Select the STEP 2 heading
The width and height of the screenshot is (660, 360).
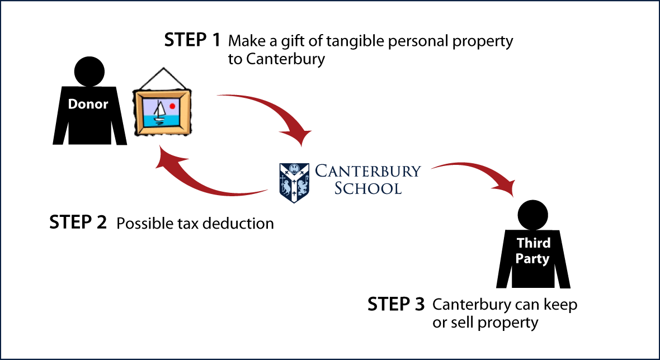tap(78, 221)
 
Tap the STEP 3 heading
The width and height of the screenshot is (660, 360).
tap(397, 304)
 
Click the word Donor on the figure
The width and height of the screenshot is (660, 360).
tap(88, 104)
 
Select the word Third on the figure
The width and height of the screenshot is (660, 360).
tap(533, 243)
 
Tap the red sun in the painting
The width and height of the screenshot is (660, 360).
tap(172, 107)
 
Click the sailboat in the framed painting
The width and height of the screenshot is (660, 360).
tap(159, 112)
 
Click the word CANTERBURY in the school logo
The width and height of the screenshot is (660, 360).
tap(368, 172)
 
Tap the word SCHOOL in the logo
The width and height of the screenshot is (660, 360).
tap(368, 188)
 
